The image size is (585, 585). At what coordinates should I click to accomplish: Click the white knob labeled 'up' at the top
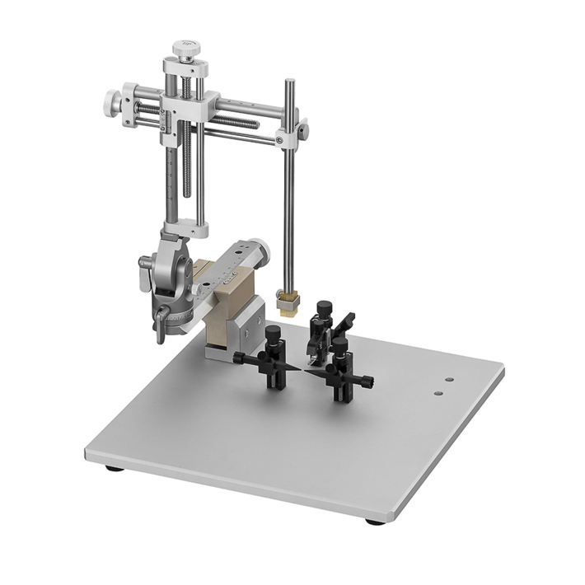(x=187, y=48)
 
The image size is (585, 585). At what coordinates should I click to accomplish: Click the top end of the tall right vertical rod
(x=290, y=82)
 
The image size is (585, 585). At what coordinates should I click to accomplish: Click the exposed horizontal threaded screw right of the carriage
(x=239, y=123)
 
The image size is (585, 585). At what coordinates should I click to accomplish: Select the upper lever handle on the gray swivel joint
(x=146, y=263)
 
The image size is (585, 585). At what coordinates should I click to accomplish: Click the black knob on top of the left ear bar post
(x=273, y=332)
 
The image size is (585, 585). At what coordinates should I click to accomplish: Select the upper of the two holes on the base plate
(x=449, y=381)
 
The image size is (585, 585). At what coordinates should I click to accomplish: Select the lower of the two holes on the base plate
(x=439, y=393)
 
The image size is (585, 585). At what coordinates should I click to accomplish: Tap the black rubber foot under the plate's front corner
(x=375, y=522)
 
